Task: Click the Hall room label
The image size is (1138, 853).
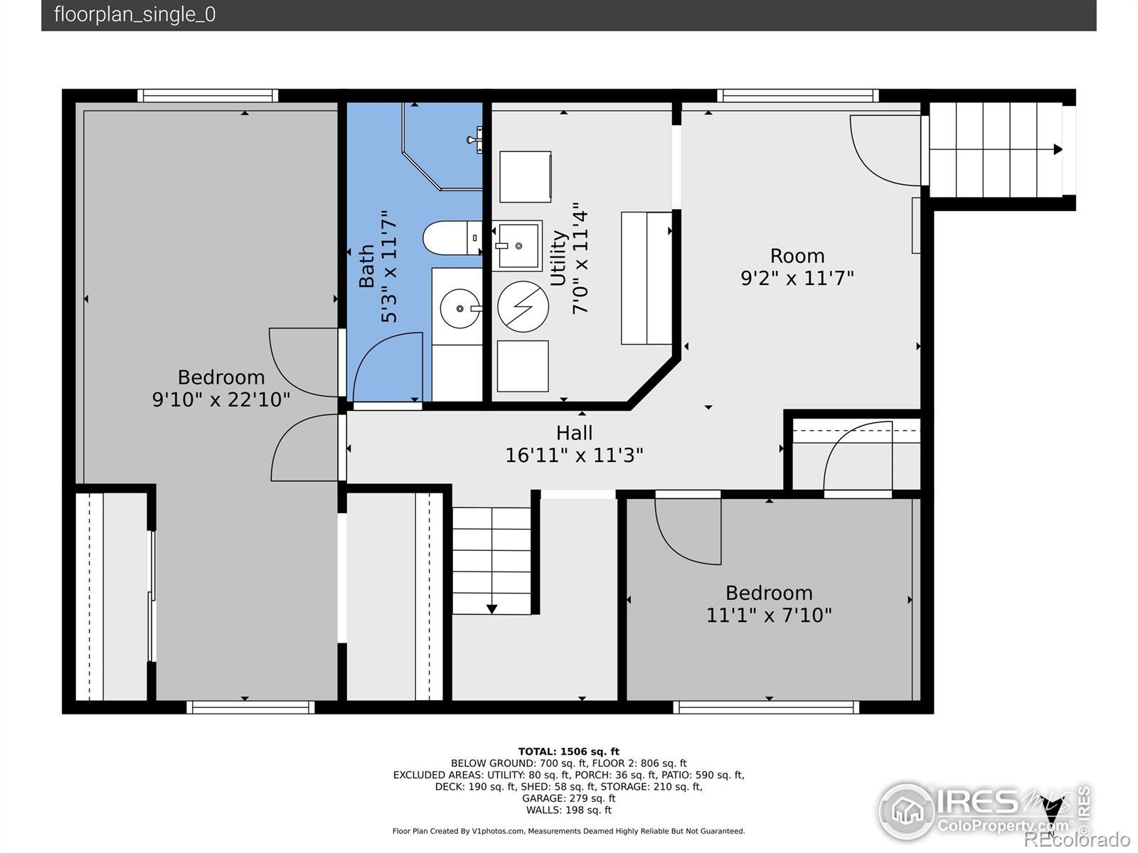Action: click(574, 433)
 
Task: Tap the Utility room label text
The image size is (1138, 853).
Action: click(558, 258)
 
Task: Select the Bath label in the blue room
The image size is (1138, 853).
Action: click(367, 266)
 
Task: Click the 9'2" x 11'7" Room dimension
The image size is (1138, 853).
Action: click(797, 279)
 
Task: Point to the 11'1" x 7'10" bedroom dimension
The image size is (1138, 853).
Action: click(769, 616)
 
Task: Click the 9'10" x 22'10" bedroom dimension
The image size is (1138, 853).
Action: click(221, 399)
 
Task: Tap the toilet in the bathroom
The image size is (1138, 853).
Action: click(452, 238)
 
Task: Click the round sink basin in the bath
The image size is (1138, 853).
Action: click(460, 309)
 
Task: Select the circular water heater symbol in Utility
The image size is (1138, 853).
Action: click(523, 306)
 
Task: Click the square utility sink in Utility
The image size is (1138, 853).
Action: click(517, 245)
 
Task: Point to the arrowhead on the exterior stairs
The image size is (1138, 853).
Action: click(1058, 150)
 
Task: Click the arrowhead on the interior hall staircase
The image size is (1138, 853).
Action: click(491, 609)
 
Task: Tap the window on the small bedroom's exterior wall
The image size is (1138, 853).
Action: click(766, 707)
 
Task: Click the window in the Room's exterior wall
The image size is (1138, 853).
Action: click(798, 96)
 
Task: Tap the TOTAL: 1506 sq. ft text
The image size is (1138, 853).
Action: click(569, 751)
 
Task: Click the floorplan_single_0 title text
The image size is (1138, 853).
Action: click(135, 14)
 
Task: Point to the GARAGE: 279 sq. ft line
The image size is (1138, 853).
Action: click(569, 798)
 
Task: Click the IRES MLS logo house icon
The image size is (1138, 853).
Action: click(907, 812)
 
